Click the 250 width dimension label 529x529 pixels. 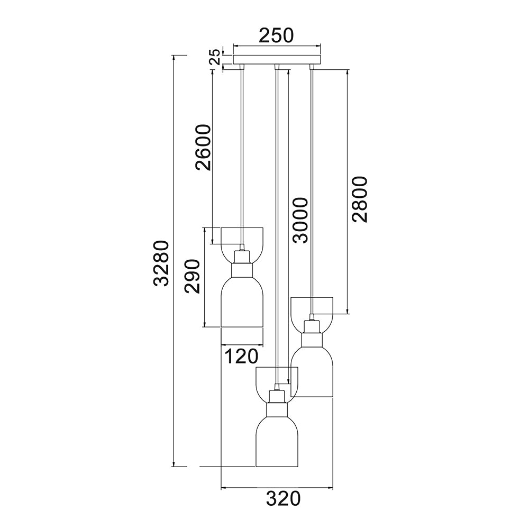[x=276, y=35]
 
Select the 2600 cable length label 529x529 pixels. [x=203, y=148]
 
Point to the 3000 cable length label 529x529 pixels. [x=300, y=220]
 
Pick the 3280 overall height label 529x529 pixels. [x=161, y=263]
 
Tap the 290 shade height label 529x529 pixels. [x=191, y=277]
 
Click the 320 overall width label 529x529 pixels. [x=283, y=498]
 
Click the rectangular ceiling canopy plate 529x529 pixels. [x=277, y=59]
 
